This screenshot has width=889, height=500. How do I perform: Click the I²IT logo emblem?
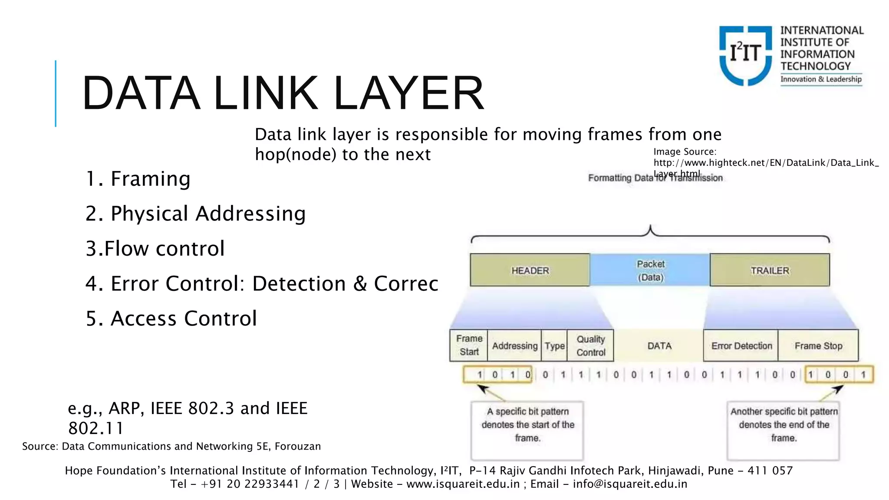pos(745,55)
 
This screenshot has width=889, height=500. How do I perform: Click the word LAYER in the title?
pos(408,93)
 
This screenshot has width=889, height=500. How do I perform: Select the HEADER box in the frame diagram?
pos(530,270)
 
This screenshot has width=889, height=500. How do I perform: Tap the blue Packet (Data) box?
pos(650,270)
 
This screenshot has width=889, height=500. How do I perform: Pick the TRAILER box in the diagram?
pos(770,270)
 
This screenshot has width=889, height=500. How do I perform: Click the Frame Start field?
pos(469,345)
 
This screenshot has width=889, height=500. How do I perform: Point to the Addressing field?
pos(514,346)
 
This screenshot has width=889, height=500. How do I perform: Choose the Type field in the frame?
pos(554,346)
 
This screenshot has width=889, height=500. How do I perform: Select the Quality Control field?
pos(590,345)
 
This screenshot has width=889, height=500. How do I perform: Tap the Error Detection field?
pos(741,346)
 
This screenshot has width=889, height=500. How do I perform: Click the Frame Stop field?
pos(818,346)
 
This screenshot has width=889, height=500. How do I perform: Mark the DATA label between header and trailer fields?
pos(659,346)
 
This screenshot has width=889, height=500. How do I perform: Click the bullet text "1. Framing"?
pos(138,179)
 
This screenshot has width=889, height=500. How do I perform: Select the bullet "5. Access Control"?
pos(171,319)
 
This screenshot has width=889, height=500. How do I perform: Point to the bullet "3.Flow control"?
pos(155,249)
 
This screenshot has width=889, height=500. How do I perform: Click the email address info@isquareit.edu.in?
pos(630,484)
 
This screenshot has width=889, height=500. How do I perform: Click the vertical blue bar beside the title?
pos(56,93)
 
